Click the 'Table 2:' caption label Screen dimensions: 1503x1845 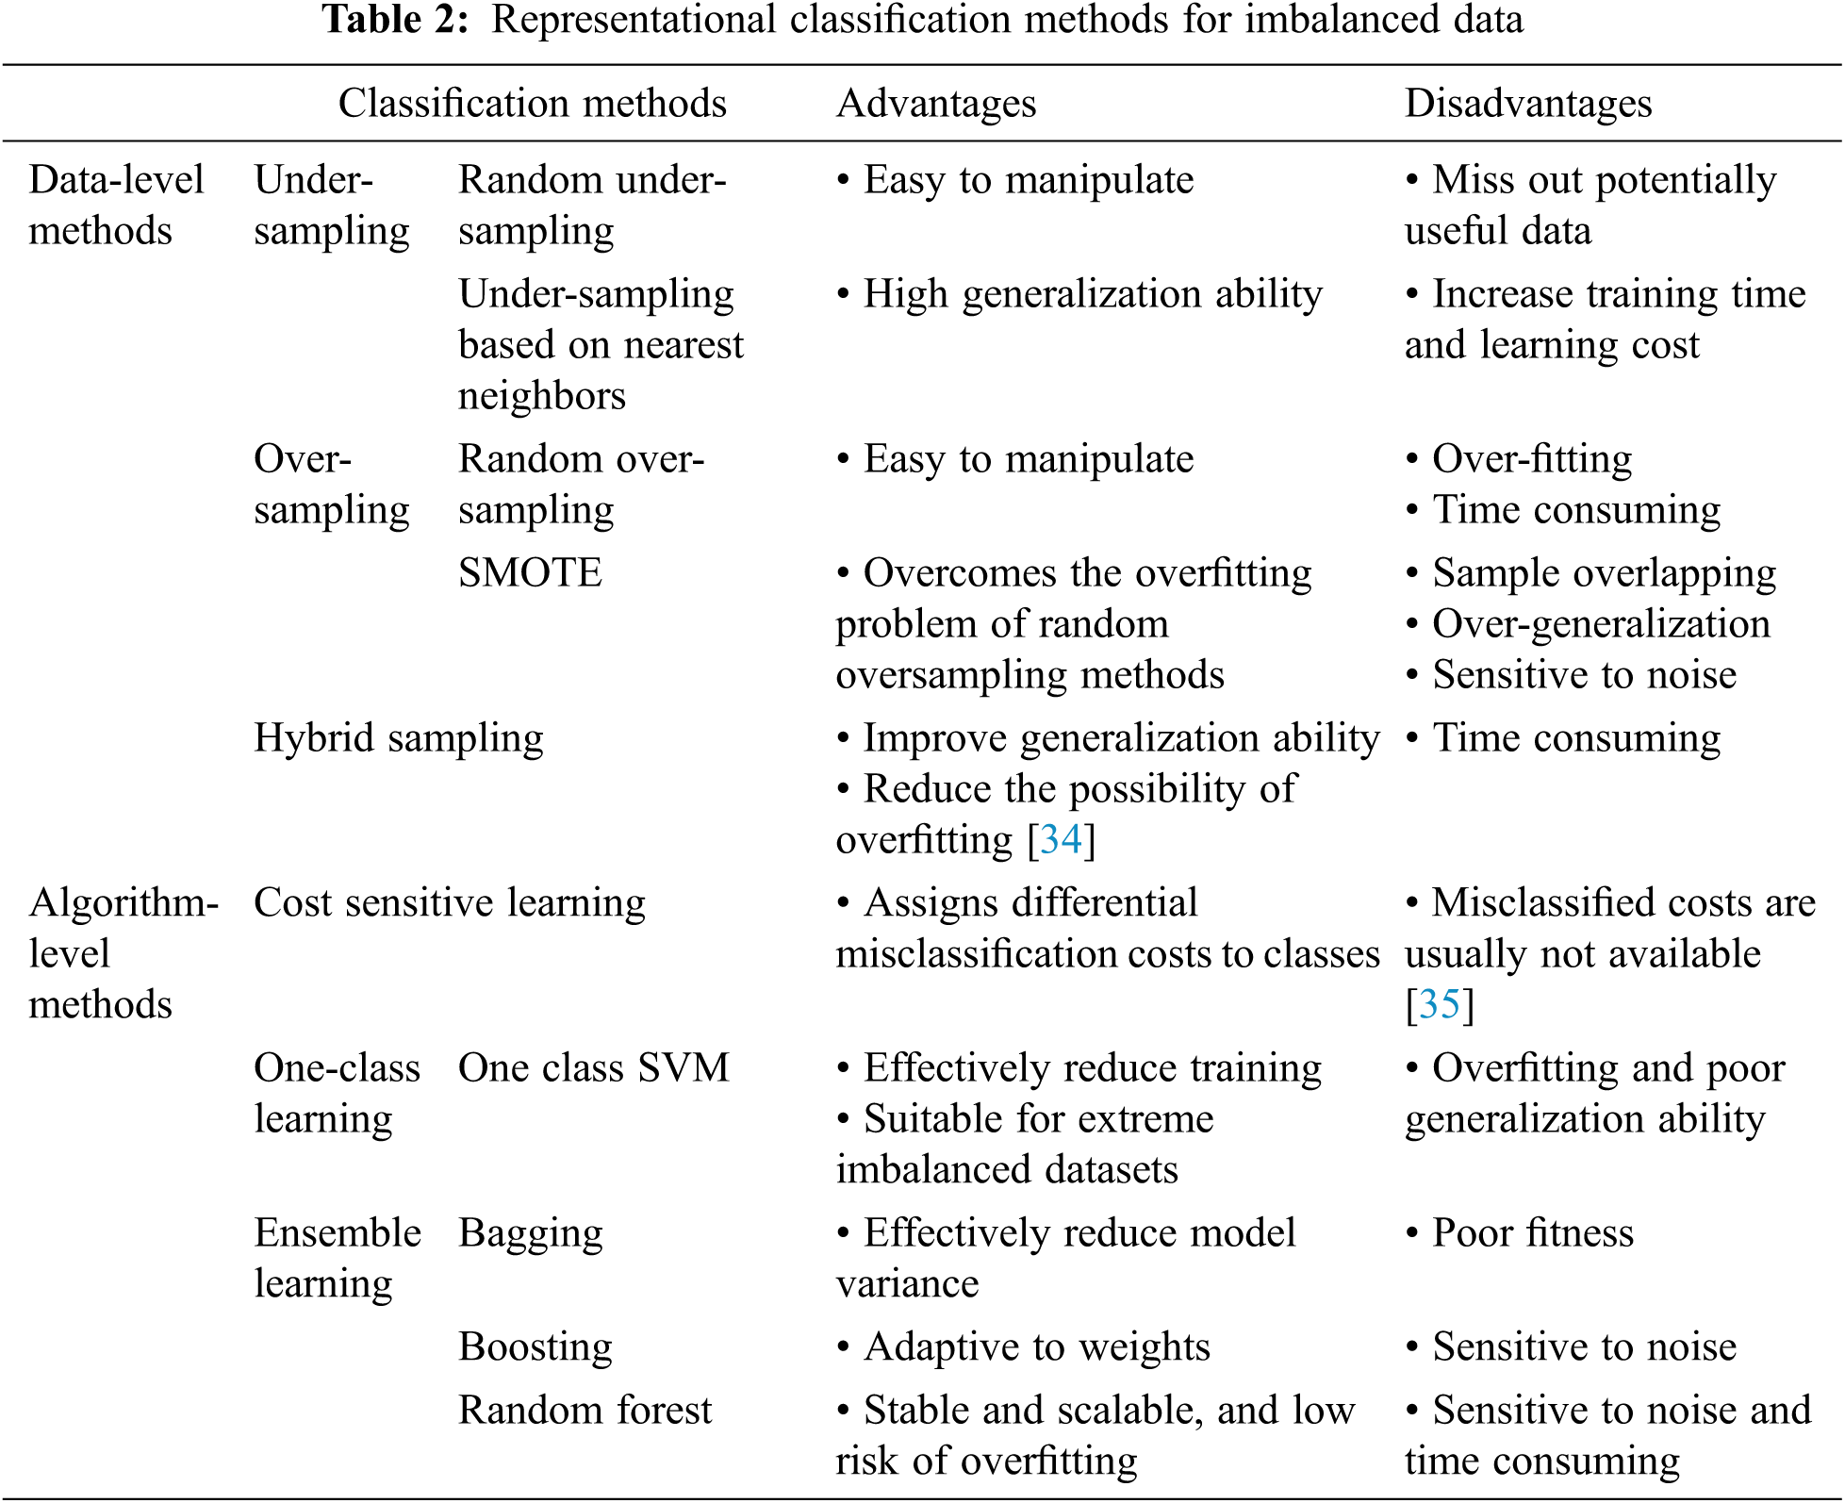pos(395,21)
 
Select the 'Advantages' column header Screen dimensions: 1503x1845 pos(935,104)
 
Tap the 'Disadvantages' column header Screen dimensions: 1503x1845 pos(1527,104)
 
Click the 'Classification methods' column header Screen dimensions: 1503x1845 pos(532,104)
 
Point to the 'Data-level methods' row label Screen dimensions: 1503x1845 pos(116,205)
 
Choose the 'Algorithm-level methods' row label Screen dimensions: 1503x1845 pos(123,953)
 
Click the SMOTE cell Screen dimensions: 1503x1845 pos(530,573)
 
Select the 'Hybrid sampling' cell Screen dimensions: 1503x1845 pos(398,738)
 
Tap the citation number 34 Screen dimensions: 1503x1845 pos(1061,839)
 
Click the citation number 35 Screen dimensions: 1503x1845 pos(1439,1004)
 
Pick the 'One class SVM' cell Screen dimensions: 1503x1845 pos(593,1068)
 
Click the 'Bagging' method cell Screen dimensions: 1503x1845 pos(530,1233)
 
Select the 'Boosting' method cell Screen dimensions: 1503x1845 pos(535,1347)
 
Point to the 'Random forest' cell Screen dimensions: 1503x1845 pos(585,1411)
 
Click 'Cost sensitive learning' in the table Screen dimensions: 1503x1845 pos(449,903)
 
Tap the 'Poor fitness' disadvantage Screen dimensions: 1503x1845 pos(1532,1233)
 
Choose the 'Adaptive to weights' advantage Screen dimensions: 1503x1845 pos(1035,1347)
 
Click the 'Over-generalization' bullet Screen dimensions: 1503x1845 pos(1600,624)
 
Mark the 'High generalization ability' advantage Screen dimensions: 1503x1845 pos(1092,294)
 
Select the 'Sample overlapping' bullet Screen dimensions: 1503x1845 pos(1603,573)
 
